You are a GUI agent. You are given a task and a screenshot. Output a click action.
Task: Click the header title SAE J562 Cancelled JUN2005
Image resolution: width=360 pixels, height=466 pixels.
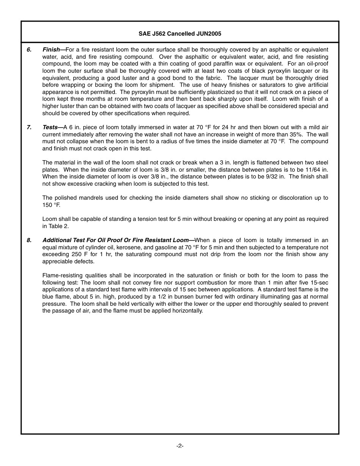pos(180,34)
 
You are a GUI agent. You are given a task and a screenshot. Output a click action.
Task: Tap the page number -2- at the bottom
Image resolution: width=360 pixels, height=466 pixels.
pos(180,446)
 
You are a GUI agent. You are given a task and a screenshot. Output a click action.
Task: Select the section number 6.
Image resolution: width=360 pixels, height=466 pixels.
pos(29,50)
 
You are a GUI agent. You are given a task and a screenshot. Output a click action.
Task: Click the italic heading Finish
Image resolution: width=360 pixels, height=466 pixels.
pos(51,50)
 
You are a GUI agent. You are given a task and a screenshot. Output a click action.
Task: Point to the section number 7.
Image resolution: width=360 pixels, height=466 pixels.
pos(29,127)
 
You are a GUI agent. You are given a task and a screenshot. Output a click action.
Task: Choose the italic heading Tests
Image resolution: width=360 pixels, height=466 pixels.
pos(50,127)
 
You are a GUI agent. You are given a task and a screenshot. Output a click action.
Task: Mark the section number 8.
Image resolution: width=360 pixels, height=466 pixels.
pos(29,240)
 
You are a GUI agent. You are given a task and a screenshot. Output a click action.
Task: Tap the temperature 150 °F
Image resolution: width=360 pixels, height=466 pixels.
pos(51,205)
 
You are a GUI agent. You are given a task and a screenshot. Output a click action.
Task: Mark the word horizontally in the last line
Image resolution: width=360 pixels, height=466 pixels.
pos(187,311)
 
